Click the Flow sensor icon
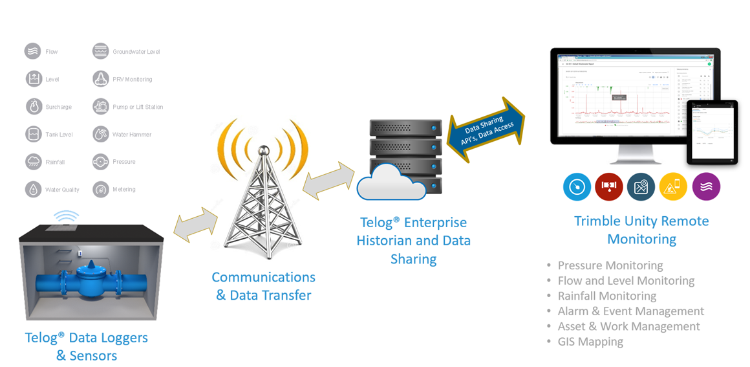[x=33, y=51]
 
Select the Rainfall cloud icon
[x=33, y=162]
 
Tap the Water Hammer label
[x=132, y=135]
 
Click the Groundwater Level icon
[x=100, y=51]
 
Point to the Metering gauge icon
[x=100, y=190]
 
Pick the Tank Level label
[x=59, y=135]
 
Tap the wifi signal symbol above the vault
[x=65, y=216]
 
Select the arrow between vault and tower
[x=195, y=224]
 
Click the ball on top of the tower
[x=262, y=150]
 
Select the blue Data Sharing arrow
[x=486, y=129]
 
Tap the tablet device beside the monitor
[x=711, y=132]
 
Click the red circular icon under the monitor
[x=608, y=187]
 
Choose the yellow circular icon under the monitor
[x=673, y=187]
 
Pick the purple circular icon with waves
[x=706, y=187]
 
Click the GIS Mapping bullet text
[x=590, y=342]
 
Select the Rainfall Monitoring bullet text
[x=606, y=296]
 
